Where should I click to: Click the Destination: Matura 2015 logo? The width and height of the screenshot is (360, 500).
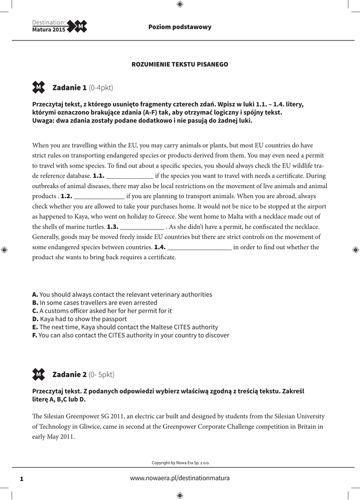(x=59, y=26)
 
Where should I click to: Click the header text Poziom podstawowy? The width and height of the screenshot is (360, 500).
(x=180, y=27)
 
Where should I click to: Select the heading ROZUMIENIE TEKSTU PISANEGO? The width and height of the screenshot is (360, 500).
(x=180, y=64)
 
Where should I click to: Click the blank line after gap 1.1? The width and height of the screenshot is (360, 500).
(x=129, y=176)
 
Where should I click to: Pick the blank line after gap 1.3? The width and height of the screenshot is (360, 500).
(x=142, y=227)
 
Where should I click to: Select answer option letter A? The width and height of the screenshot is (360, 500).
(x=35, y=294)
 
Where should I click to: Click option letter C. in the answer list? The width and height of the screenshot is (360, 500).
(x=35, y=311)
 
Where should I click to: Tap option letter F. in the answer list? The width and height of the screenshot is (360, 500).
(x=35, y=335)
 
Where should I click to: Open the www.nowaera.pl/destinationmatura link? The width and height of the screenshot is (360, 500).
(x=180, y=478)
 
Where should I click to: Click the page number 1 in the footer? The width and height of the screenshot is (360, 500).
(x=21, y=479)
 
